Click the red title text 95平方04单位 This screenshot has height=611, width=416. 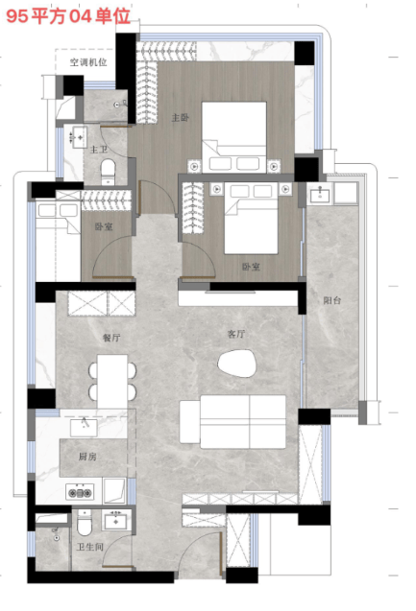tap(68, 16)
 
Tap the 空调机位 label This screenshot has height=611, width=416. tap(88, 62)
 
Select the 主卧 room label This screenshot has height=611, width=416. tap(181, 117)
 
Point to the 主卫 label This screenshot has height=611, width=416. tap(99, 150)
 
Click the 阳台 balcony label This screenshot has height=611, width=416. tap(332, 300)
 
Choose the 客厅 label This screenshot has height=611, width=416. tap(236, 334)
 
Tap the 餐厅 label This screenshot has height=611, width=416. tap(111, 338)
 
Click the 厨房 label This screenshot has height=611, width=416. tap(87, 457)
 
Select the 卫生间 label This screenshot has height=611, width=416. tap(89, 547)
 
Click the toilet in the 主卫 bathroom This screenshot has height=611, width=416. tap(109, 172)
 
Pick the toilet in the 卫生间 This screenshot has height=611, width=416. tap(84, 523)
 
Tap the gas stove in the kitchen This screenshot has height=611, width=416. tap(80, 493)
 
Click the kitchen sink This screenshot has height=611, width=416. tap(84, 428)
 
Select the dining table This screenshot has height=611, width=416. tap(112, 381)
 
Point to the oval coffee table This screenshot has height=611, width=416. tap(237, 364)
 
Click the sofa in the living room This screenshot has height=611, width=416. tap(232, 422)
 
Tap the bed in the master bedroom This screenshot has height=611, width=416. tap(234, 136)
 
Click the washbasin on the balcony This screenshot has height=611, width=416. tap(320, 194)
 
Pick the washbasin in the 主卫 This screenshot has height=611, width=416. tap(79, 137)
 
